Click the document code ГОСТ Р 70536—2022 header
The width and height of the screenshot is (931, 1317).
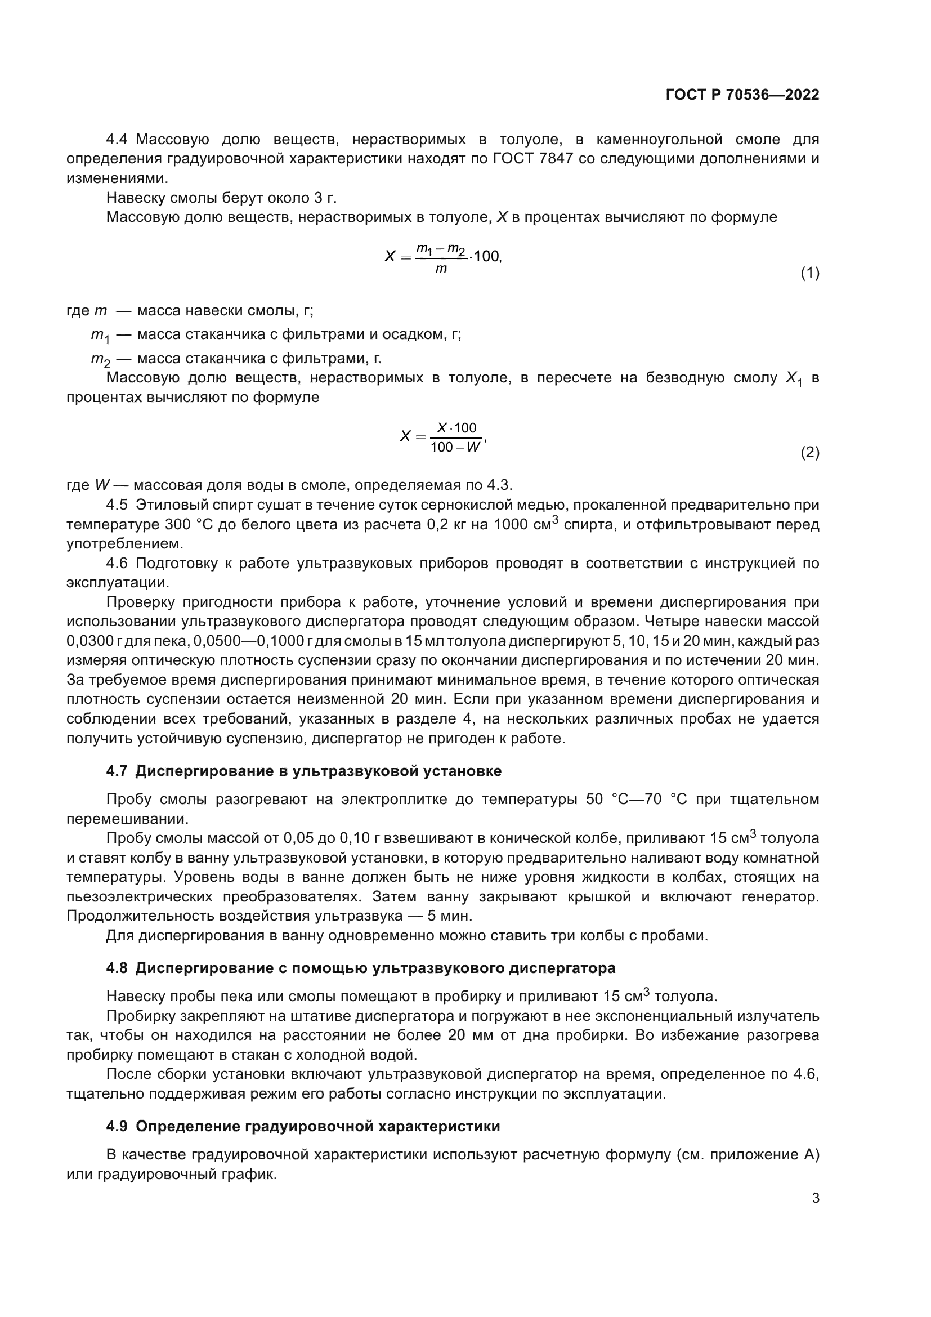click(742, 95)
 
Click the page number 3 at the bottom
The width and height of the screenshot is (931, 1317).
click(815, 1198)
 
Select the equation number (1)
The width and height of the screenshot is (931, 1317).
click(809, 273)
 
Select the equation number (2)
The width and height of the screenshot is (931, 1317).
click(809, 453)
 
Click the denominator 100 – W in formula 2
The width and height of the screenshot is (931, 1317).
click(455, 448)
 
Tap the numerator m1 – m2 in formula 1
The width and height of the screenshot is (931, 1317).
click(440, 248)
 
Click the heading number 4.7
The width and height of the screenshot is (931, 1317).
click(117, 771)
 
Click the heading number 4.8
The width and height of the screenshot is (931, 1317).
click(117, 968)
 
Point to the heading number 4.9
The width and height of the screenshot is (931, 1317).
click(117, 1126)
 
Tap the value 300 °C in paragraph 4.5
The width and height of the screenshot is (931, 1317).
click(189, 524)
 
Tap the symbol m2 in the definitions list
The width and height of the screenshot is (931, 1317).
click(100, 360)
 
